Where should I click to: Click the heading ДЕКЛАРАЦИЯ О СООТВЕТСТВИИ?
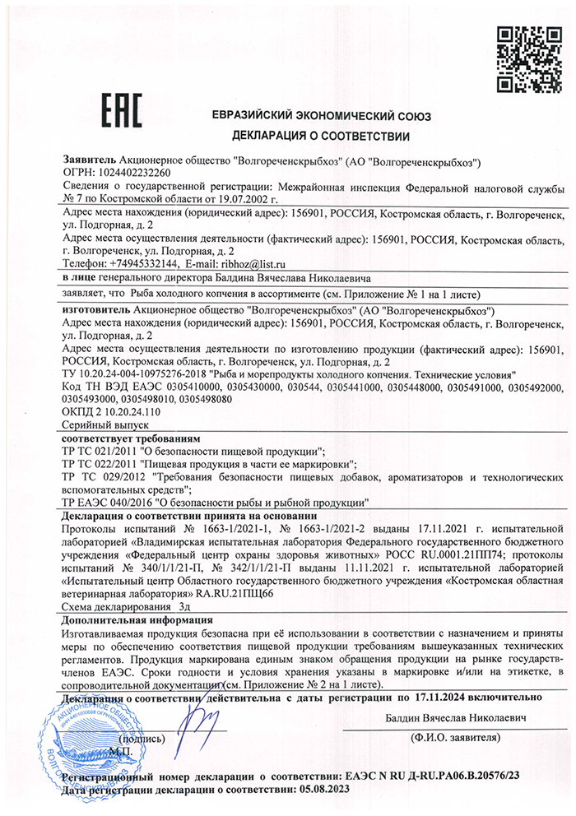click(x=321, y=134)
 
